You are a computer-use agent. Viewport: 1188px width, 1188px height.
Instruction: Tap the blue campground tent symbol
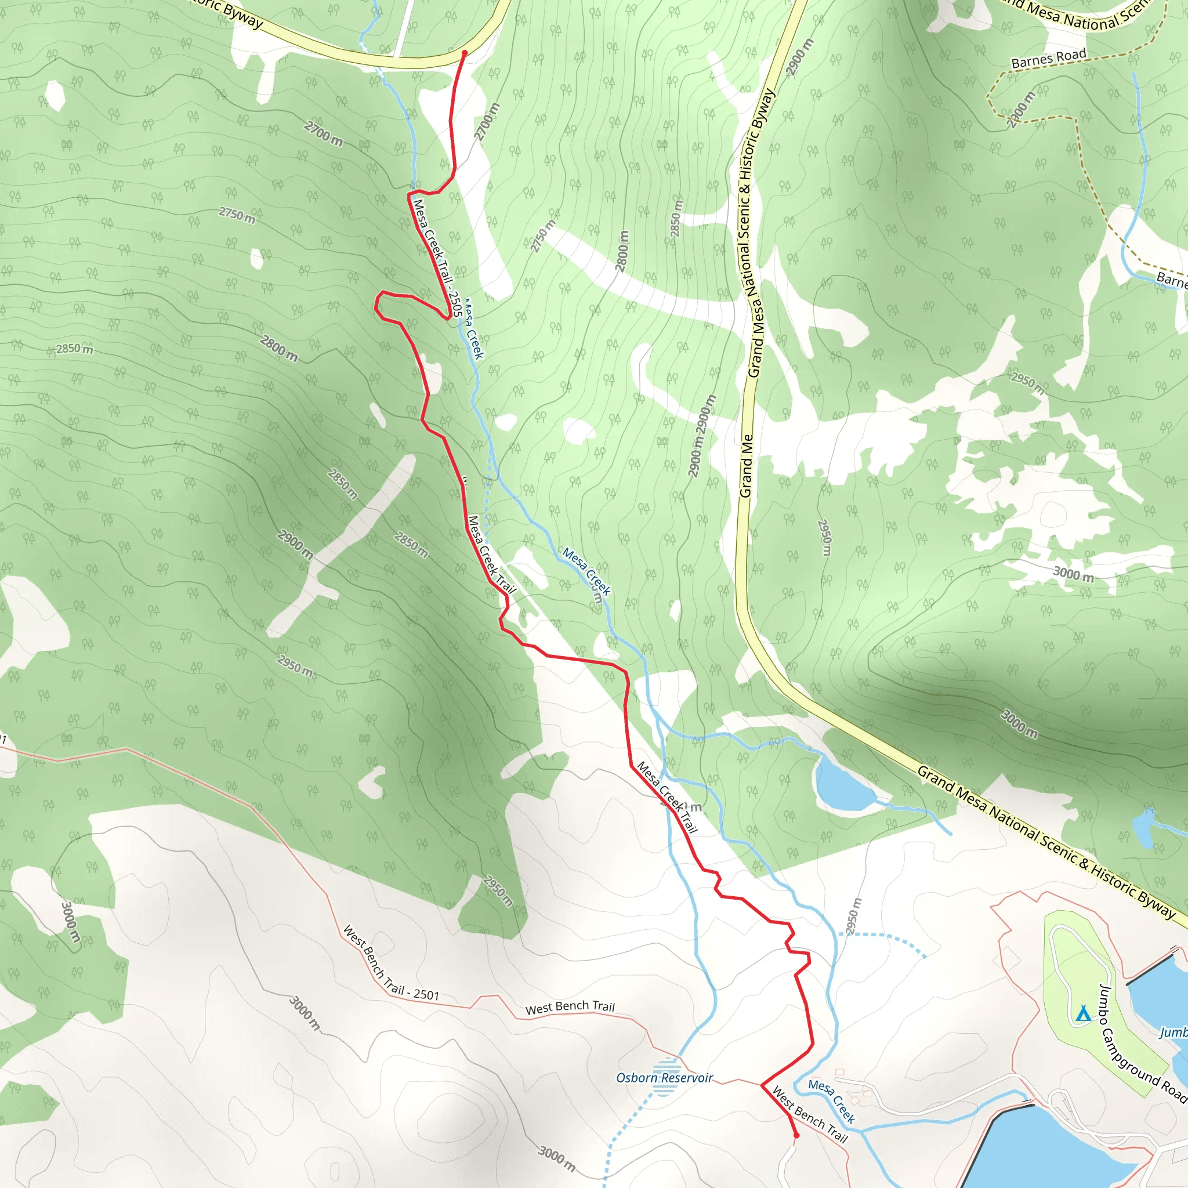tap(1084, 1013)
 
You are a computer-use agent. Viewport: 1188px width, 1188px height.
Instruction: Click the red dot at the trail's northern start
tap(464, 53)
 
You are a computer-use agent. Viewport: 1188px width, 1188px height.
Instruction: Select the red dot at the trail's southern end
tap(796, 1136)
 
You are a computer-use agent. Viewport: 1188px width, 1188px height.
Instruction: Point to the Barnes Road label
tap(1048, 59)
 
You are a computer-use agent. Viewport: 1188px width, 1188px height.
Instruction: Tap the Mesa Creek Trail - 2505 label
tap(437, 257)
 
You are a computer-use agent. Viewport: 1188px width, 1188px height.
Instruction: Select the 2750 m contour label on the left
tap(237, 215)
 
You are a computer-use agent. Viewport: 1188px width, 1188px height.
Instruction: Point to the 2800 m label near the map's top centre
tap(623, 251)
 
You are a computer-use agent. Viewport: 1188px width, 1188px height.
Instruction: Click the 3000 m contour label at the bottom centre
tap(557, 1158)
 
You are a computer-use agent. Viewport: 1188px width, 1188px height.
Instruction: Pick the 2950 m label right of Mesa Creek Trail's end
tap(853, 915)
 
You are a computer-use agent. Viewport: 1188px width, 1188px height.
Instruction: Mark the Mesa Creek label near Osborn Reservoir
tap(831, 1100)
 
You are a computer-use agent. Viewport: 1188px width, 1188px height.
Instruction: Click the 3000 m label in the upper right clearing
tap(1074, 574)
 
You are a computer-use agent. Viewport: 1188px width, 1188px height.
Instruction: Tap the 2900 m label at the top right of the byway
tap(800, 57)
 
